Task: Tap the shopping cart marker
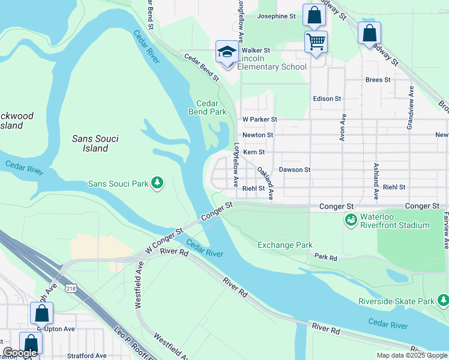316,41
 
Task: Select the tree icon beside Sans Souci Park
157,182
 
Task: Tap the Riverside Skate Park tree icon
443,300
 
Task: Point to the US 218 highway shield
71,289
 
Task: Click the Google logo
19,353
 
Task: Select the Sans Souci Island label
95,143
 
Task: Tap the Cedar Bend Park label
207,107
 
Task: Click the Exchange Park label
285,245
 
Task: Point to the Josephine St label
277,16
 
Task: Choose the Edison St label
327,98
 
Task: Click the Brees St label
378,79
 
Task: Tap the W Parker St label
259,119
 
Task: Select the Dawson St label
294,170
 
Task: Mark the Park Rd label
326,257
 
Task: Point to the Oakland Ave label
265,183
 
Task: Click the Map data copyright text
411,355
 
